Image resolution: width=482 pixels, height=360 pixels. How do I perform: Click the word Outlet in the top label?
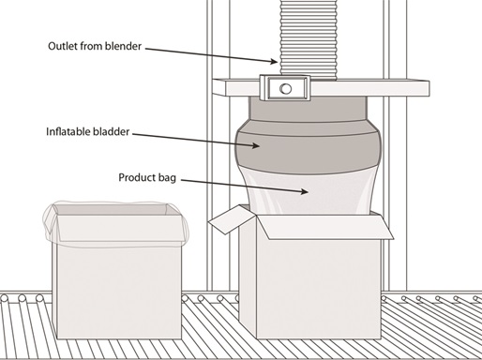[x=63, y=46]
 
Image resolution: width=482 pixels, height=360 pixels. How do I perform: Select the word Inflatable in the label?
[x=66, y=131]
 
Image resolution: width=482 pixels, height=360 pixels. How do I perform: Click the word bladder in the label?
[x=110, y=131]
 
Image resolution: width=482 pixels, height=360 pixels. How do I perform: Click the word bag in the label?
[x=167, y=178]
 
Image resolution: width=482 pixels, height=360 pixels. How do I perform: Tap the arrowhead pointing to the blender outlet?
[x=273, y=61]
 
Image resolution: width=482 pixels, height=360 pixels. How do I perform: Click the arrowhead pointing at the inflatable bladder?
[x=255, y=145]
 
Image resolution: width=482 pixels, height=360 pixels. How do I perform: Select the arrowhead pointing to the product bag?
[x=304, y=191]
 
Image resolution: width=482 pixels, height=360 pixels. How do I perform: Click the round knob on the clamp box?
[x=285, y=89]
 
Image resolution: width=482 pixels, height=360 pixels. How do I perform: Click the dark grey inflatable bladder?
[x=309, y=147]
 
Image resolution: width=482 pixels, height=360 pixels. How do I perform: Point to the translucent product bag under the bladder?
[x=309, y=194]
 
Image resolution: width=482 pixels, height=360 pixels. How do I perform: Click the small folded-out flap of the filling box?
[x=232, y=219]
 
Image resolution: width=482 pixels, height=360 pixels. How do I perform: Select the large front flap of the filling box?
[x=325, y=227]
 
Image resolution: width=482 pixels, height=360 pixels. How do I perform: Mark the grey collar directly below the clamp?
[x=308, y=110]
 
